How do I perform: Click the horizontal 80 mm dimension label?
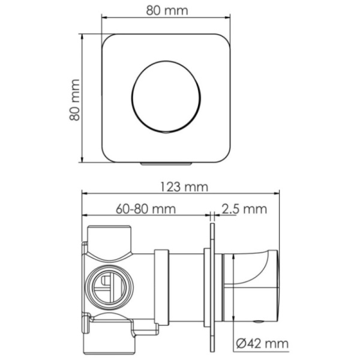click(167, 11)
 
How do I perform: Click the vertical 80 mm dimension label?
click(74, 100)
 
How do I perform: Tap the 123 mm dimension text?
click(184, 187)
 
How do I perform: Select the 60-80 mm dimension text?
click(146, 209)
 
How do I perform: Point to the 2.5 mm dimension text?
click(244, 209)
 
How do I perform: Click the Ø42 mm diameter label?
click(262, 344)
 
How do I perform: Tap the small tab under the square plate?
click(166, 164)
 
